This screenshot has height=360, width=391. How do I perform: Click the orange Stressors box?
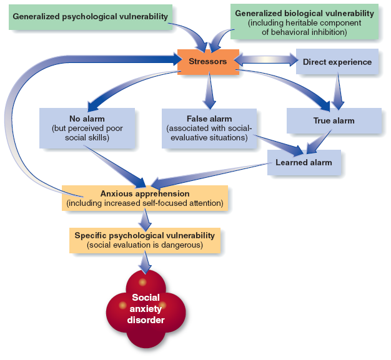click(x=208, y=62)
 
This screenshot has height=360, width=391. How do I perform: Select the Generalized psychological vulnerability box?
click(x=91, y=16)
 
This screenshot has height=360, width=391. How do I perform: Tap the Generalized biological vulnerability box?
click(x=304, y=22)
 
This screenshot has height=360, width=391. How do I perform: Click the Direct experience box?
click(x=337, y=62)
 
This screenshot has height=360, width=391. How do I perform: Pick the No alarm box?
click(x=87, y=127)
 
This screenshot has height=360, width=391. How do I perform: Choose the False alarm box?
click(x=209, y=128)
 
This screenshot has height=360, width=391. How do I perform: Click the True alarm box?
click(x=334, y=120)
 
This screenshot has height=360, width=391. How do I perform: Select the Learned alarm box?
click(x=304, y=162)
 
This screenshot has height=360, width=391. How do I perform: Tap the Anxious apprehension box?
click(x=145, y=198)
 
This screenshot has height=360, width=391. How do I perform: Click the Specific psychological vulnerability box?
click(x=144, y=240)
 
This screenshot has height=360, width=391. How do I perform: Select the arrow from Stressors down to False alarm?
click(x=209, y=91)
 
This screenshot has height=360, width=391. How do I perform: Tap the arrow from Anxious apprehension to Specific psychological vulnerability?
click(x=145, y=218)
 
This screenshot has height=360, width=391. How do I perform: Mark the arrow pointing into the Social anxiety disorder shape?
click(x=145, y=262)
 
